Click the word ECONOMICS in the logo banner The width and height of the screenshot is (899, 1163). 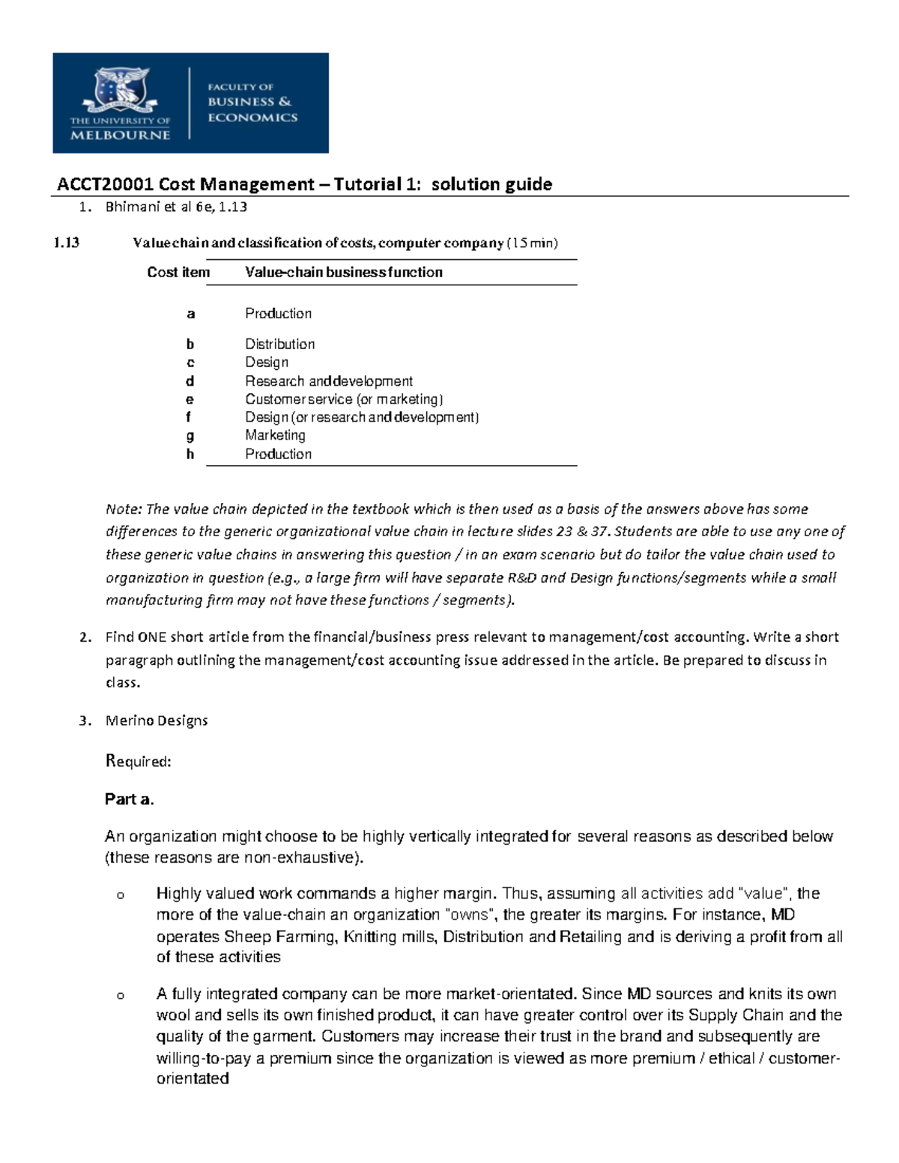tap(252, 118)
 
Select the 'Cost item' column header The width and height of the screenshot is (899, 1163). tap(178, 273)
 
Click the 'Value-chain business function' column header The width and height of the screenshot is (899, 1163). tap(343, 273)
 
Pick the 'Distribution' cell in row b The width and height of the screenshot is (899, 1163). tap(279, 344)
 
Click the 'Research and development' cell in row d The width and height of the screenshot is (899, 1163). tap(328, 381)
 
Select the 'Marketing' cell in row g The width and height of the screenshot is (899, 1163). tap(275, 435)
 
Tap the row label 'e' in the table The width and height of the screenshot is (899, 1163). tap(190, 400)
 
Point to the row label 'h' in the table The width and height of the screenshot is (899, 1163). tap(190, 454)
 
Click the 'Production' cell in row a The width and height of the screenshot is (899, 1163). tap(278, 314)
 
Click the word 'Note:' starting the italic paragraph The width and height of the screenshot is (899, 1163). tap(124, 509)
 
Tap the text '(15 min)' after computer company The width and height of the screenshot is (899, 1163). tap(533, 243)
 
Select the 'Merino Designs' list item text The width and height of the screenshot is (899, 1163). tap(157, 720)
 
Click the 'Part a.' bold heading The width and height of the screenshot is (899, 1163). tap(130, 799)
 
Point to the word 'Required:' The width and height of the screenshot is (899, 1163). tap(139, 762)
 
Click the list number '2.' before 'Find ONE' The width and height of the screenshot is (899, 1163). tap(85, 637)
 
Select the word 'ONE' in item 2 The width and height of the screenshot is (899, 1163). tap(152, 637)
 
